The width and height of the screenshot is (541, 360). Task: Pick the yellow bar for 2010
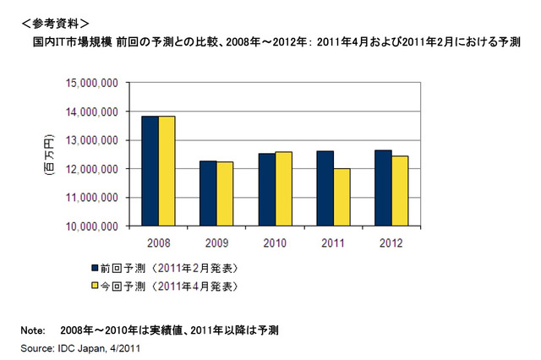pyautogui.click(x=283, y=188)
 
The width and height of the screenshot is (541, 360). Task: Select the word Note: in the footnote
pyautogui.click(x=32, y=330)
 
